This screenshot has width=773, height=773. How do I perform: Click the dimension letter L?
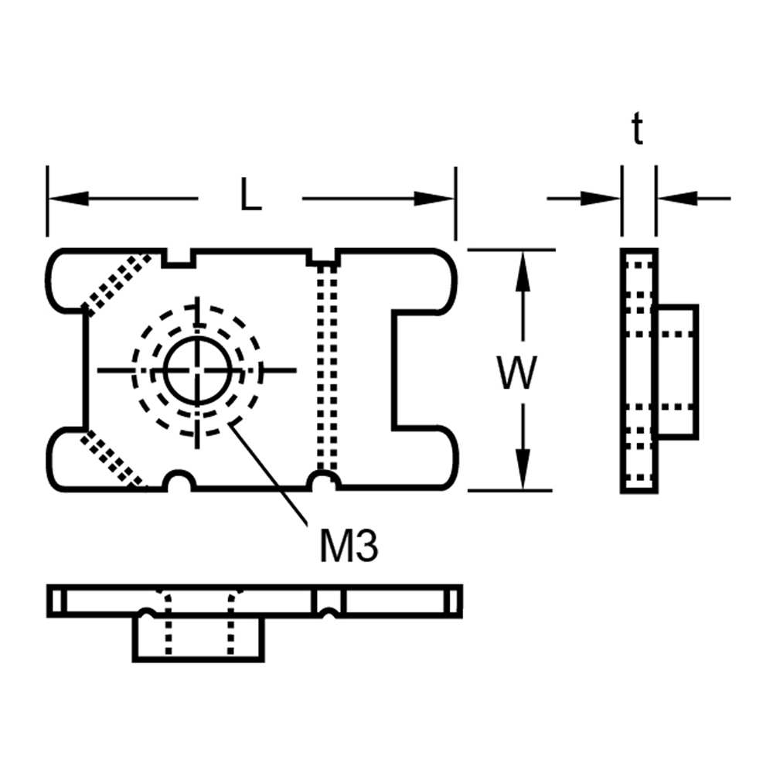click(x=250, y=194)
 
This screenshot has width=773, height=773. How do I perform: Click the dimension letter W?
click(x=517, y=372)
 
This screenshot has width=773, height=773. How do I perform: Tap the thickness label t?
click(x=638, y=128)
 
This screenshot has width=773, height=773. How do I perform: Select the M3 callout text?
click(x=349, y=547)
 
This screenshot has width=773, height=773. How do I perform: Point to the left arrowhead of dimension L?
click(x=69, y=199)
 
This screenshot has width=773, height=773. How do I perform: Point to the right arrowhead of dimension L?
click(x=434, y=199)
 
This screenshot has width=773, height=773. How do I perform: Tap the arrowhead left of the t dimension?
click(x=601, y=199)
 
